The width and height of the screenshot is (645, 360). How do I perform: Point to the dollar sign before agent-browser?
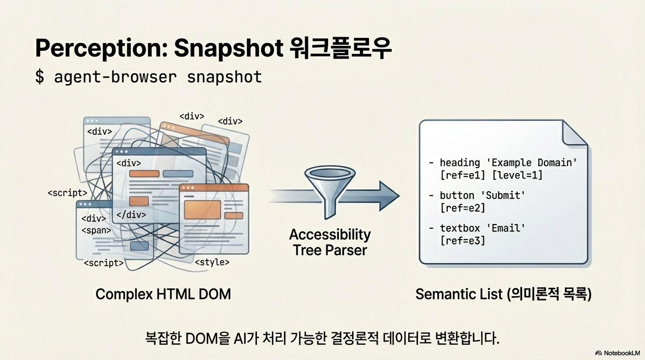tap(40, 76)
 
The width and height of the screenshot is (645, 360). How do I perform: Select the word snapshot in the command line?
tap(224, 76)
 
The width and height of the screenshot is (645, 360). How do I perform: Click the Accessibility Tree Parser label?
tap(330, 242)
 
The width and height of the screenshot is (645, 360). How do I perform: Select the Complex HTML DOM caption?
tap(163, 294)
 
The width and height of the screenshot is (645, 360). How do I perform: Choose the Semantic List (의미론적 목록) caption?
tap(503, 294)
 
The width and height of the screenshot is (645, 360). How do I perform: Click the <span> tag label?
tap(96, 230)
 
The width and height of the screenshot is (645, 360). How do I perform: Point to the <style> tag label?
tap(212, 262)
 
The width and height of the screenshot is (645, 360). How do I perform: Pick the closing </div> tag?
tap(131, 215)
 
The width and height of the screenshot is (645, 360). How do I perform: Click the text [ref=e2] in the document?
tap(462, 208)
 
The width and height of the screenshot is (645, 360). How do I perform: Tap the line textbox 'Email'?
tap(482, 228)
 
